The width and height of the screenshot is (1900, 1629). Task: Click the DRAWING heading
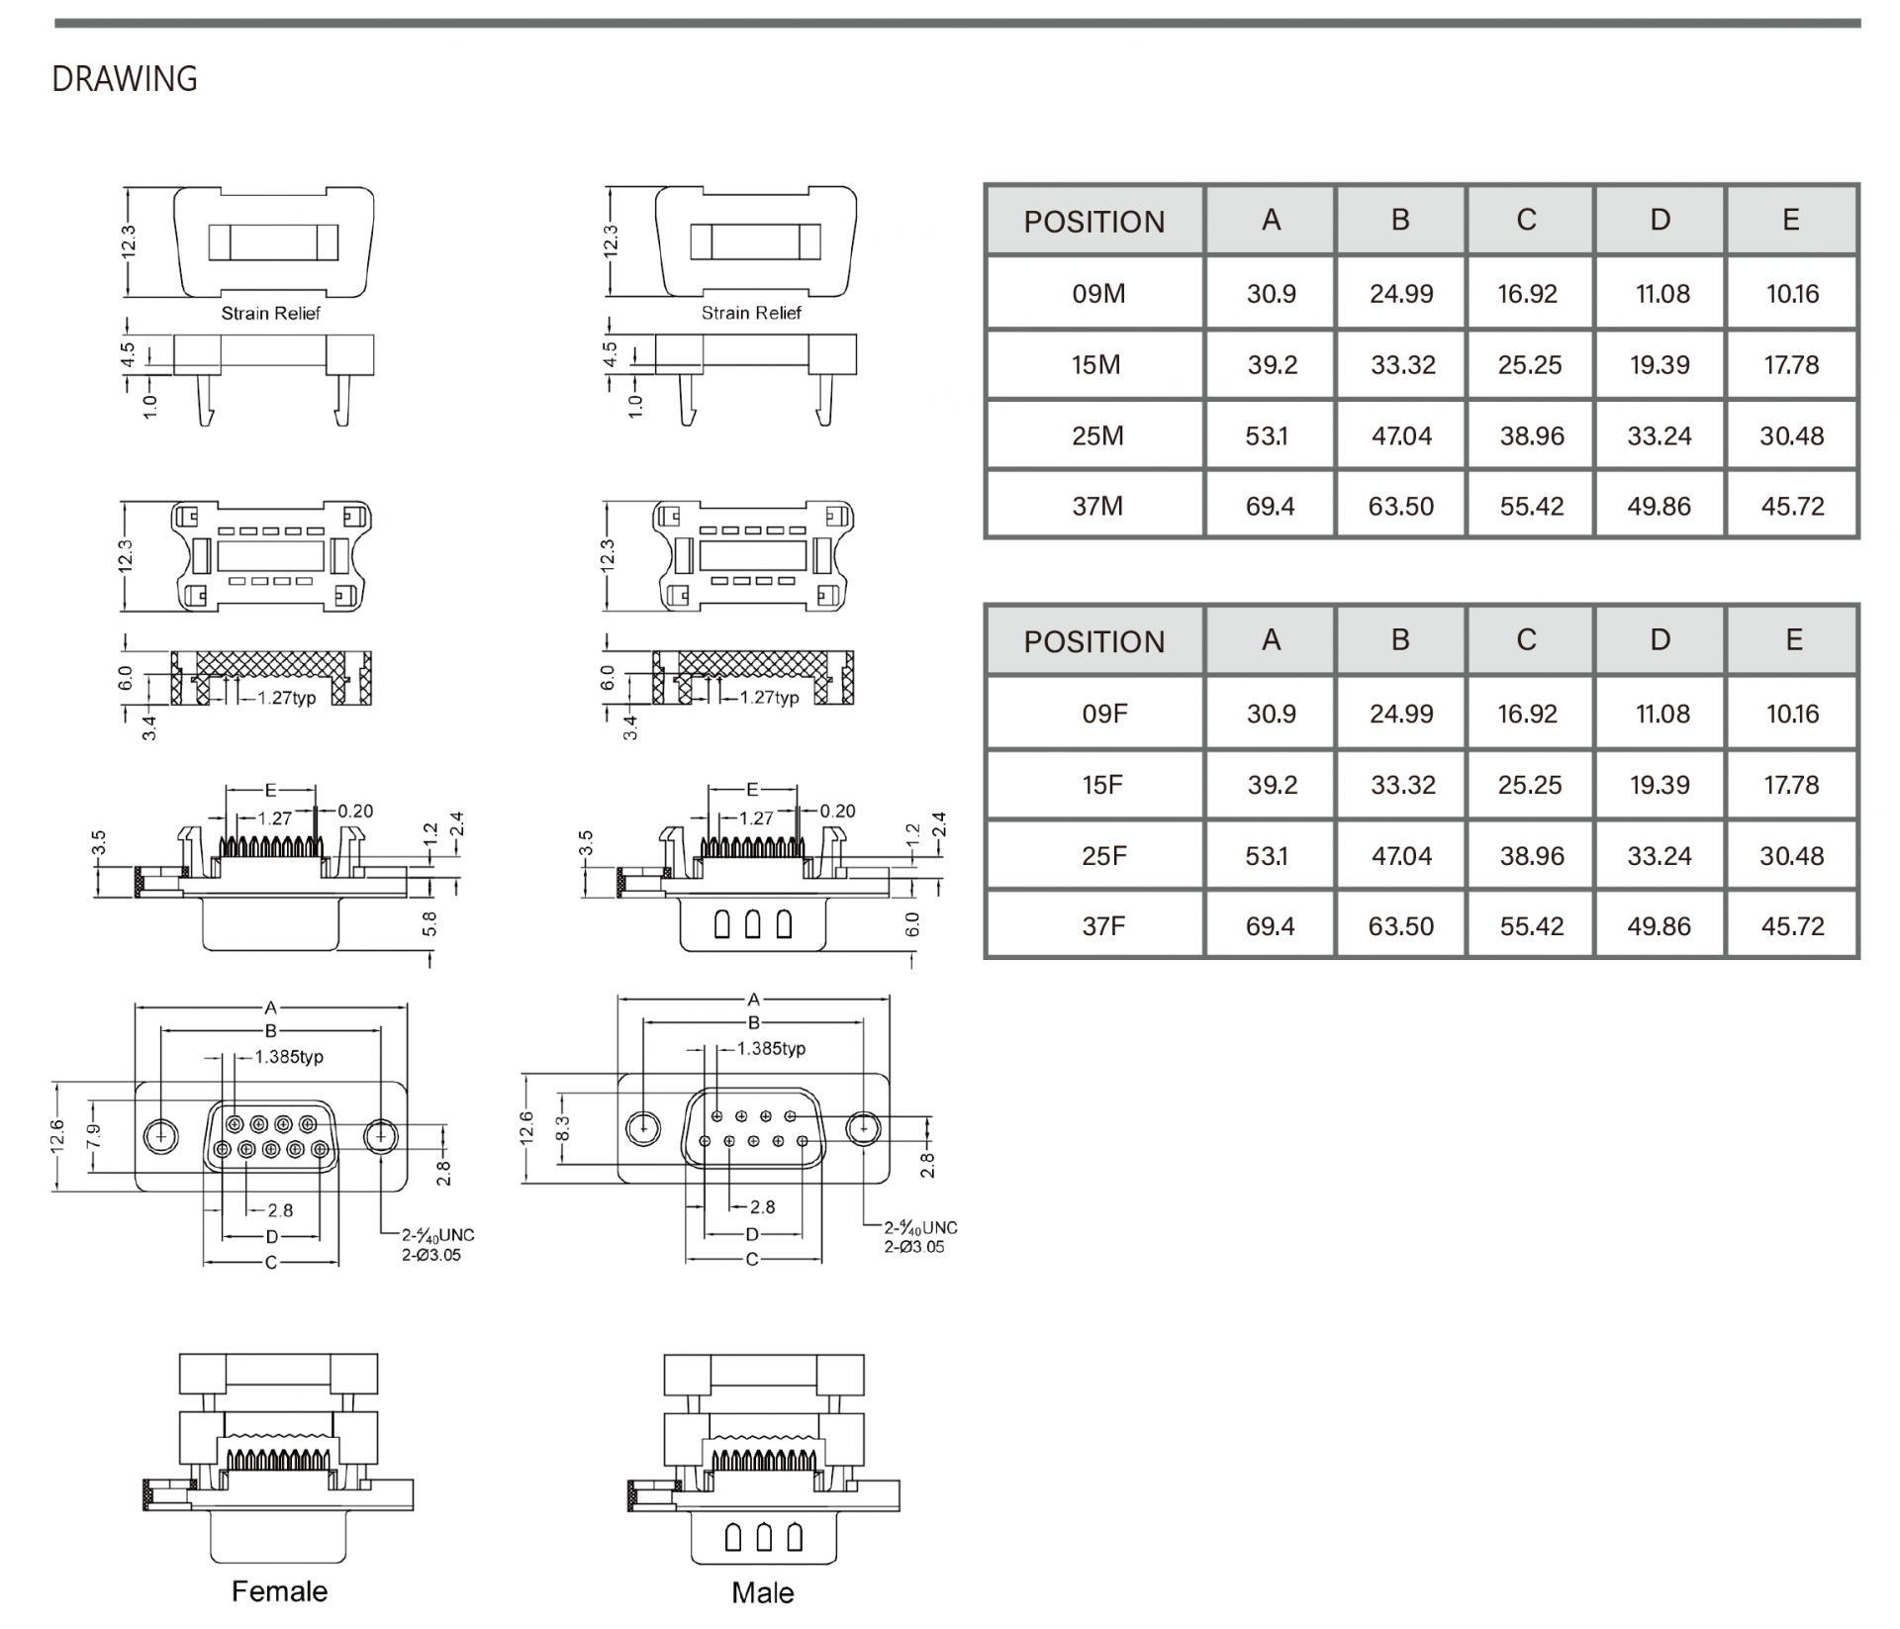coord(125,79)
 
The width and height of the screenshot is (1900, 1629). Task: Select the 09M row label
coord(1098,294)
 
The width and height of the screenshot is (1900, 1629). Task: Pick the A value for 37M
coord(1270,507)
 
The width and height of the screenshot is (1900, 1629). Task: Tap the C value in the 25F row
coord(1531,856)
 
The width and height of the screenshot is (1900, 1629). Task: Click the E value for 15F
coord(1791,785)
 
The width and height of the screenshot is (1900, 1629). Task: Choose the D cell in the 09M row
coord(1662,294)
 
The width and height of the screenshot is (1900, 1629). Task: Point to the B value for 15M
coord(1402,365)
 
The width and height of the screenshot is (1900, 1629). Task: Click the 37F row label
coord(1103,926)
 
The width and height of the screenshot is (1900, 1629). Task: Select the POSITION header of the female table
coord(1094,641)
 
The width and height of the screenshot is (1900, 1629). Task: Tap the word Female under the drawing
coord(279,1591)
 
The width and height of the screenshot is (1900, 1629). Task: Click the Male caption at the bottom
coord(762,1592)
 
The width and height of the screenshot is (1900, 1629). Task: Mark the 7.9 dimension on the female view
coord(93,1135)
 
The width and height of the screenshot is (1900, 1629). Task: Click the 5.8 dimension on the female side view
coord(428,924)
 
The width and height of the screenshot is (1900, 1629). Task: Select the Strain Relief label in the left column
coord(270,313)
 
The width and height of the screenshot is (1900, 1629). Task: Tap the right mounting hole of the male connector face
coord(864,1127)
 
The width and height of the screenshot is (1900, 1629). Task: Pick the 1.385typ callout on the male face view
coord(772,1048)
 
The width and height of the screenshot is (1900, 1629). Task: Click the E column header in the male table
coord(1790,220)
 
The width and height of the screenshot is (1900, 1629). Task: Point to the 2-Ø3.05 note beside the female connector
coord(430,1255)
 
